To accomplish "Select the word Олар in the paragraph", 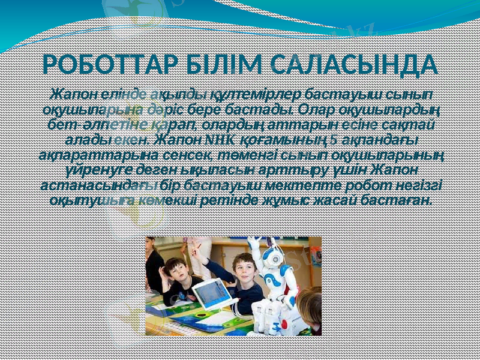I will [x=316, y=111].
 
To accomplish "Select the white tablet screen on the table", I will [x=210, y=292].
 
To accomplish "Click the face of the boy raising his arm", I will [x=245, y=264].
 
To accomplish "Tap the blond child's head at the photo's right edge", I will [x=312, y=300].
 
